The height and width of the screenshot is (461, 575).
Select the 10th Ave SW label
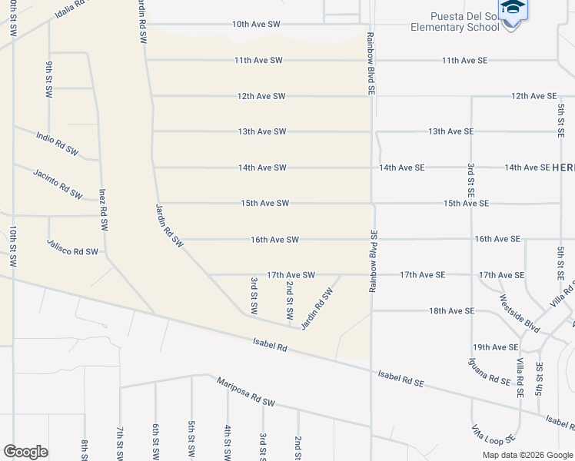257,25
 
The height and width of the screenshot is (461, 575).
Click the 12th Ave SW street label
261,96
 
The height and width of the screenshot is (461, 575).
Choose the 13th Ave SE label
450,131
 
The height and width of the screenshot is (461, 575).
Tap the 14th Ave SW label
262,167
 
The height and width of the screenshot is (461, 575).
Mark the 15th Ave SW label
264,204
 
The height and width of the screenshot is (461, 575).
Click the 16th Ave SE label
497,240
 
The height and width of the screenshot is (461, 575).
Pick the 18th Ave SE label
451,311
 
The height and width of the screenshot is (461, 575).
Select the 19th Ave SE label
495,347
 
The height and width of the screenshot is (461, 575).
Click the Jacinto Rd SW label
58,184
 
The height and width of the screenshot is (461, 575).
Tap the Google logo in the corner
25,452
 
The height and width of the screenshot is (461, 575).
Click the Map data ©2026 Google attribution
527,455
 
